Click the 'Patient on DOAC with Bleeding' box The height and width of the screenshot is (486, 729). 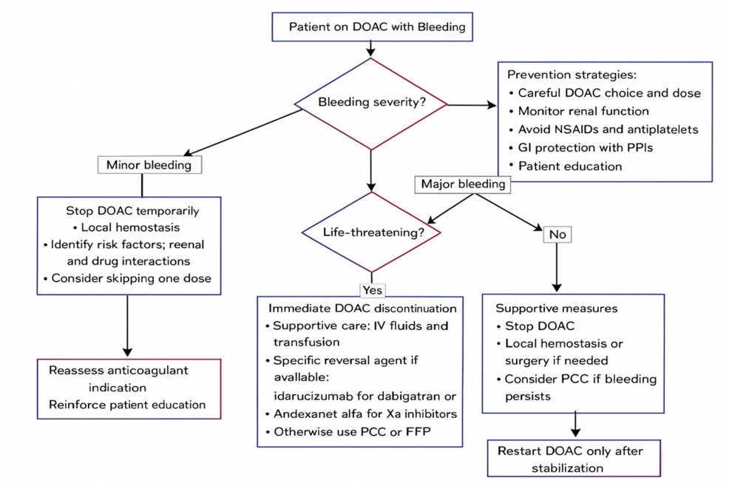pyautogui.click(x=371, y=27)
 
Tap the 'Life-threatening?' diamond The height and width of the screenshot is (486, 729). pyautogui.click(x=371, y=232)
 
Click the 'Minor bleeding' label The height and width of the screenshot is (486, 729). pyautogui.click(x=149, y=164)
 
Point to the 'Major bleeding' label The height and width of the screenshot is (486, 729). pyautogui.click(x=463, y=183)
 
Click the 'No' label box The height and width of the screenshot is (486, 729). pyautogui.click(x=557, y=234)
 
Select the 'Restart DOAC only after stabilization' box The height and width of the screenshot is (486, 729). pyautogui.click(x=574, y=459)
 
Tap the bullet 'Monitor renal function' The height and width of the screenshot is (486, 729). pyautogui.click(x=583, y=111)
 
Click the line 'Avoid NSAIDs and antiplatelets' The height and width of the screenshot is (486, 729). pyautogui.click(x=607, y=129)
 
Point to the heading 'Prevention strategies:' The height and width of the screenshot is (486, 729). pyautogui.click(x=571, y=75)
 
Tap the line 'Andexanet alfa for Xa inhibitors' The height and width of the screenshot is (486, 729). pyautogui.click(x=364, y=414)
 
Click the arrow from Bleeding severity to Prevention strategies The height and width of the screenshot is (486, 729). pyautogui.click(x=473, y=105)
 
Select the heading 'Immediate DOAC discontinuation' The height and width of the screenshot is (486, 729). pyautogui.click(x=362, y=308)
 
